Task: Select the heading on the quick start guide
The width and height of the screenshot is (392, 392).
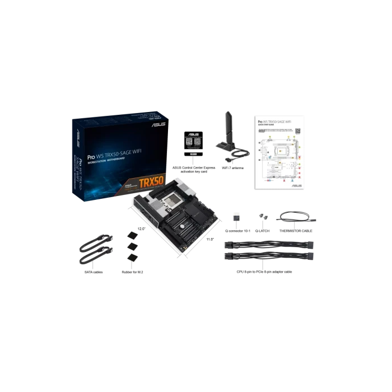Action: click(274, 122)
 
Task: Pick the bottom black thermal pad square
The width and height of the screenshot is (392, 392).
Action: click(133, 257)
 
